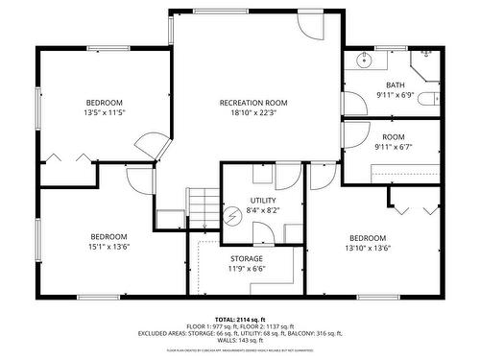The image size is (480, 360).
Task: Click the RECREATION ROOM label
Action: (253, 103)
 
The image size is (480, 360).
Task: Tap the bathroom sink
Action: (365, 62)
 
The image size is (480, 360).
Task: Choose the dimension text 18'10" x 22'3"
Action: (253, 112)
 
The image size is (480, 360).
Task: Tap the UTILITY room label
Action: (263, 174)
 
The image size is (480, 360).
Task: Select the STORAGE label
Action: (247, 258)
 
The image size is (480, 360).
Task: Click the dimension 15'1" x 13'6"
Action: (108, 246)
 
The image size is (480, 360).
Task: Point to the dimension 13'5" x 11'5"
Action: (105, 112)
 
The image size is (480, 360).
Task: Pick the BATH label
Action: (396, 84)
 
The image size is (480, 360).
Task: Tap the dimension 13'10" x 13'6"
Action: (368, 248)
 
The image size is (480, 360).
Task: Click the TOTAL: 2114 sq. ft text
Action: (239, 318)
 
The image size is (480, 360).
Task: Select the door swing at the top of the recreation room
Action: (310, 26)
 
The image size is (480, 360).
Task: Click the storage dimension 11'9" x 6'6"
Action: (247, 268)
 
